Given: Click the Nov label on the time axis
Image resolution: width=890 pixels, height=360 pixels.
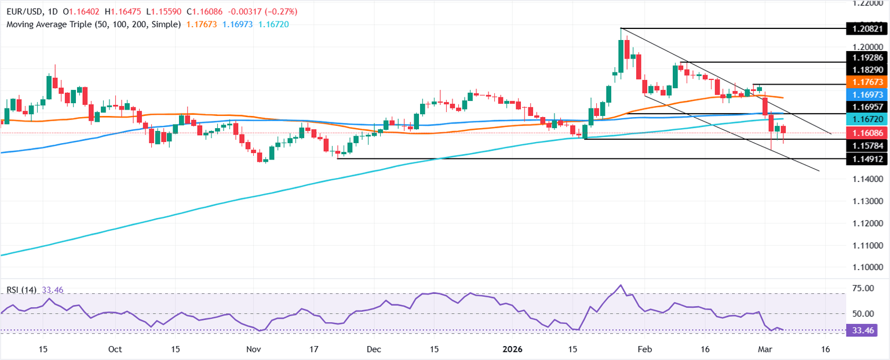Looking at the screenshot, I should (x=254, y=350).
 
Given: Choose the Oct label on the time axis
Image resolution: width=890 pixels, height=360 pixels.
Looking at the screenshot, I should (x=115, y=350).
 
